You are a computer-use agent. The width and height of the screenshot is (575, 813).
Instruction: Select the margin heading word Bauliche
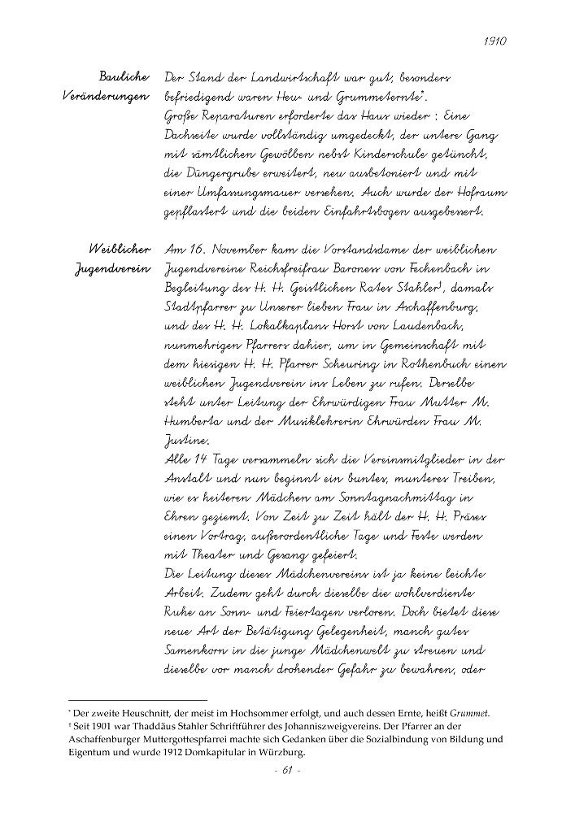(123, 77)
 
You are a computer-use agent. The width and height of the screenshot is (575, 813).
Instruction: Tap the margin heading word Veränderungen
(107, 97)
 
